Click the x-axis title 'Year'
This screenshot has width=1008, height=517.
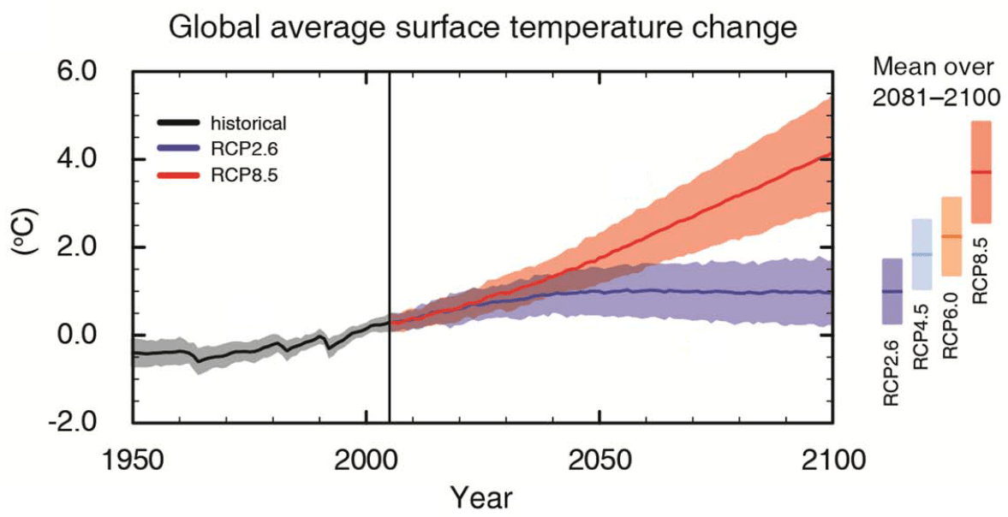[481, 496]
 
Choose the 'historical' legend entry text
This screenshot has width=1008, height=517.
[248, 123]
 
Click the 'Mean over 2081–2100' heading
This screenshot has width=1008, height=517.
[935, 81]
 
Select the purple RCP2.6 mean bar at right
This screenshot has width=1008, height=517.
[892, 291]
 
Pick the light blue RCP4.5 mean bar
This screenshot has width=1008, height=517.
[922, 254]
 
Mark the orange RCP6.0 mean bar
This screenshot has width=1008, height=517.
[951, 236]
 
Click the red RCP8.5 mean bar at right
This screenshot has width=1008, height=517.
[981, 172]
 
